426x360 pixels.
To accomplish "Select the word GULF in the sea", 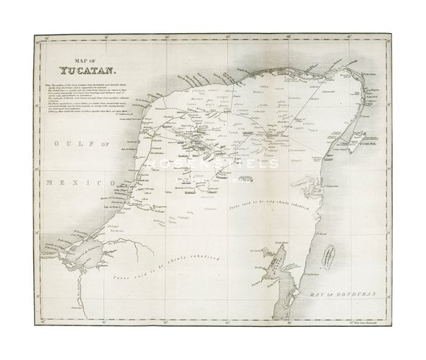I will [65, 144].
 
